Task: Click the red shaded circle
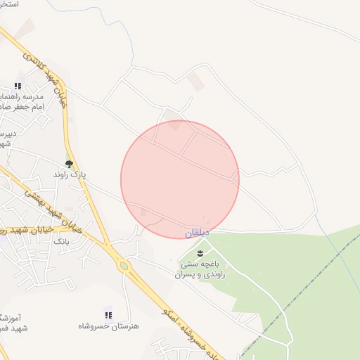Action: (180, 179)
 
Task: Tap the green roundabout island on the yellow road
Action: (124, 266)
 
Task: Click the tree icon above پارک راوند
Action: (68, 163)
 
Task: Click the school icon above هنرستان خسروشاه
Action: (108, 315)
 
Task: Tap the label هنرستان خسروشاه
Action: (108, 326)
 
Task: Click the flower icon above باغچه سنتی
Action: (200, 252)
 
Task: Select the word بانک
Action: (61, 240)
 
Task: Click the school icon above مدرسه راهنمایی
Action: (18, 86)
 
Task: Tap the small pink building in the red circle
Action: (145, 212)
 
